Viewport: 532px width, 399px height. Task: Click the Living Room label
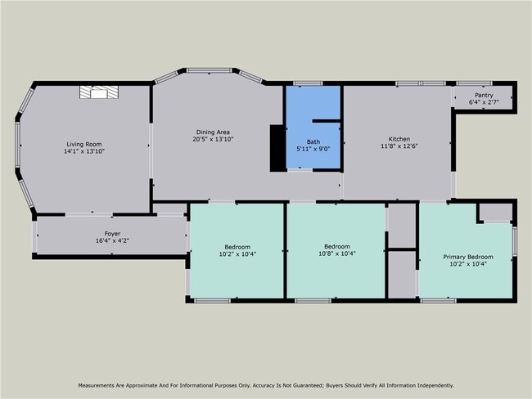click(x=83, y=144)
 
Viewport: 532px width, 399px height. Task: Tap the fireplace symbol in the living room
click(x=99, y=92)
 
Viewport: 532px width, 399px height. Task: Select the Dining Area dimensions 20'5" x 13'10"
click(x=213, y=139)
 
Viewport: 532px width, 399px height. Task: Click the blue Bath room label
click(x=313, y=141)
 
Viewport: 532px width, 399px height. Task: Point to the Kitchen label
click(x=399, y=139)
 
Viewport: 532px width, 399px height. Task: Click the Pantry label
click(x=484, y=96)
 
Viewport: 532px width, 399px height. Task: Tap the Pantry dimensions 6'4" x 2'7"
click(x=484, y=102)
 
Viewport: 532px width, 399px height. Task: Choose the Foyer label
click(x=112, y=234)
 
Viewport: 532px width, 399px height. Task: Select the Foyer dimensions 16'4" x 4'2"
click(x=112, y=240)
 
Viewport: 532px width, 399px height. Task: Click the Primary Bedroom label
click(x=468, y=257)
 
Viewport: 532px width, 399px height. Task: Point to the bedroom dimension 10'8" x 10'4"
click(x=337, y=253)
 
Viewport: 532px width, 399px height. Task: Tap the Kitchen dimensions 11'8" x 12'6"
click(x=399, y=146)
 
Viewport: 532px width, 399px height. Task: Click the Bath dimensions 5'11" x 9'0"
click(x=313, y=149)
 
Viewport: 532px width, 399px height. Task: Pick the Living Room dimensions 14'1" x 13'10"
click(x=84, y=151)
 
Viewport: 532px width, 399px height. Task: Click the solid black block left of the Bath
click(x=278, y=148)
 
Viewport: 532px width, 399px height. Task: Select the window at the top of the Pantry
click(x=474, y=83)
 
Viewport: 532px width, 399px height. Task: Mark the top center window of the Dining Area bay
click(x=210, y=70)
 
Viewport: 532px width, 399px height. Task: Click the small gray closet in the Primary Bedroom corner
click(x=496, y=213)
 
